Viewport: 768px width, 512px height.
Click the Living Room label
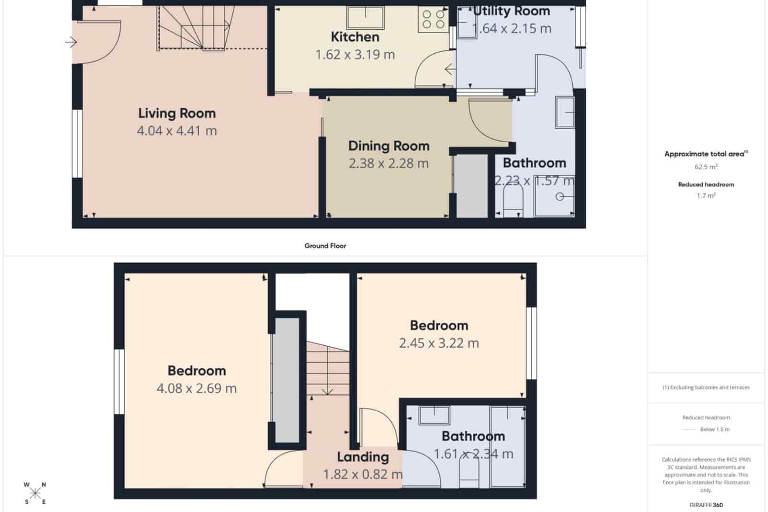pos(177,113)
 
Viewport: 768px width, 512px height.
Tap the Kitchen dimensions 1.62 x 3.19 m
pos(355,55)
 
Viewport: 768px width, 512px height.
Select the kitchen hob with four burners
pos(433,20)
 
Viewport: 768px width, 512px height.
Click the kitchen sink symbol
pos(365,18)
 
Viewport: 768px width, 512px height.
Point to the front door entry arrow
pos(71,42)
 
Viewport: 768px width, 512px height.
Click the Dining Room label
pos(388,146)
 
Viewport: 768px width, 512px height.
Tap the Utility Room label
pos(512,11)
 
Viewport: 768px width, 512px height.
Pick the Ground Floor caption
pos(325,245)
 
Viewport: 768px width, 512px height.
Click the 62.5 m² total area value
pos(706,167)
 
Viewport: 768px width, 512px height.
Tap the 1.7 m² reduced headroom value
pos(706,195)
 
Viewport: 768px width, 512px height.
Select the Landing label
pos(362,457)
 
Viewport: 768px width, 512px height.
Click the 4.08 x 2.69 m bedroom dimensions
pos(196,388)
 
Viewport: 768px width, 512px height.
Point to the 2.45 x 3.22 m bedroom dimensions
pos(439,343)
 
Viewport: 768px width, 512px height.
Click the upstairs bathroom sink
pos(434,415)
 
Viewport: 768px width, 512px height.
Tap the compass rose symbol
pos(35,493)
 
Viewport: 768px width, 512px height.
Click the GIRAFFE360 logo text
pos(706,505)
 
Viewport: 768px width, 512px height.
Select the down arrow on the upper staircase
pos(327,390)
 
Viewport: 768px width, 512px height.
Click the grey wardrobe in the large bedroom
pos(286,379)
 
